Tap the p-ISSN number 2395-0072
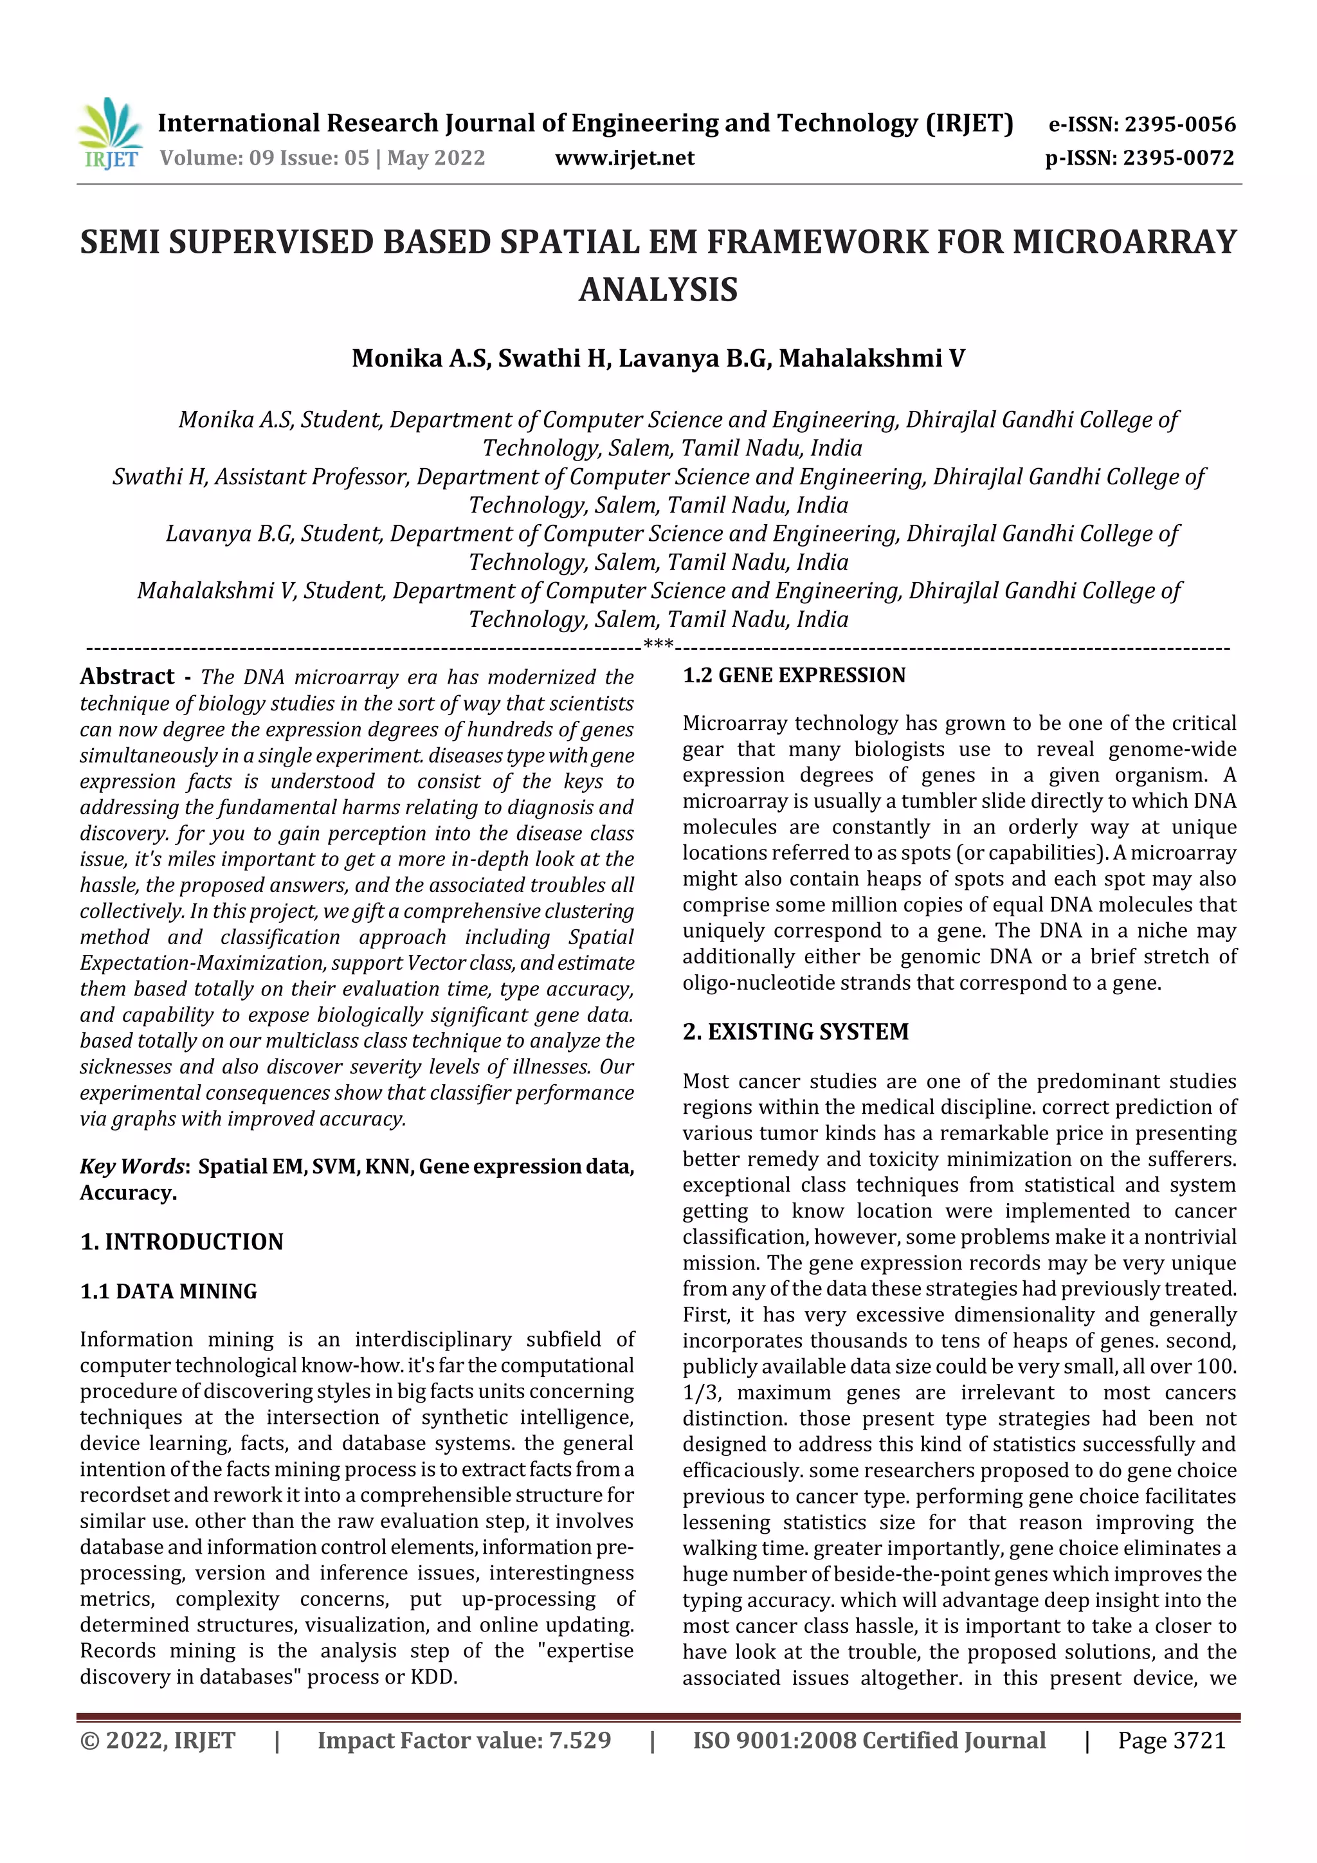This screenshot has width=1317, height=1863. pos(1178,158)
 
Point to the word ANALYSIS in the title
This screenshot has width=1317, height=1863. pos(658,289)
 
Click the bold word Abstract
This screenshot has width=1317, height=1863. pos(127,676)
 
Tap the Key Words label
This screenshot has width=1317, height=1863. pos(133,1166)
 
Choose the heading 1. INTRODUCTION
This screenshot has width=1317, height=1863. pos(182,1241)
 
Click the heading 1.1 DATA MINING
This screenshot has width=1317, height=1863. pos(168,1291)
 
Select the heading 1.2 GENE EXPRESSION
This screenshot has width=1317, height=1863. pos(793,675)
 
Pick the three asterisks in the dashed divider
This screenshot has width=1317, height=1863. pos(658,645)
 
